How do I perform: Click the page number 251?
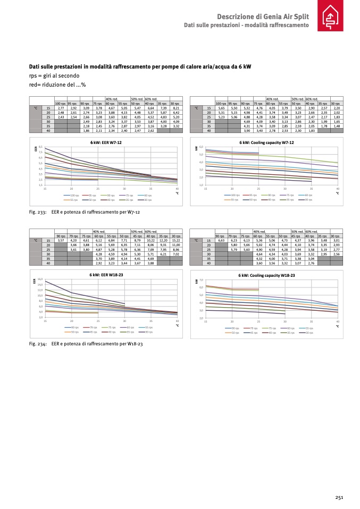[x=339, y=497]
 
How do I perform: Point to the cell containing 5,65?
[x=221, y=108]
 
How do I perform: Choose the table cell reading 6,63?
[x=221, y=241]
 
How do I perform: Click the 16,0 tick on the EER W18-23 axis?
[x=40, y=279]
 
